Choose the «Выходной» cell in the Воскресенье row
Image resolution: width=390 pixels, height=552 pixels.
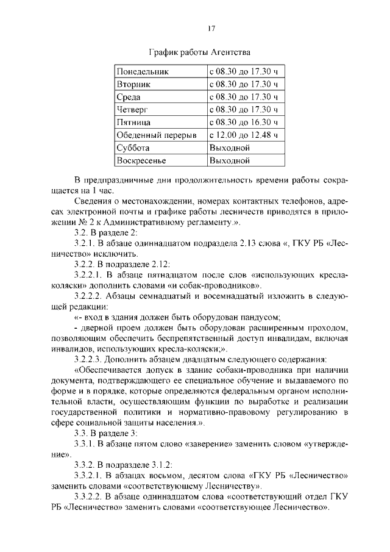229,161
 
